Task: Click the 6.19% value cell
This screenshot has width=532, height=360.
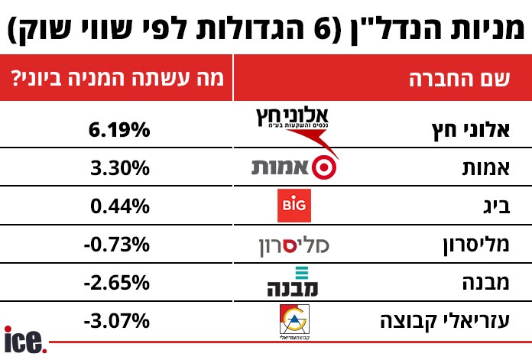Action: [118, 131]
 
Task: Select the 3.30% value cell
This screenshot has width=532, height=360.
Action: [118, 169]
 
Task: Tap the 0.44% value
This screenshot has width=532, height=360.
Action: [118, 206]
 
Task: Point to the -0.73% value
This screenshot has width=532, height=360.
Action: [116, 245]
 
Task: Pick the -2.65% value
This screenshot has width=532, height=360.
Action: [116, 283]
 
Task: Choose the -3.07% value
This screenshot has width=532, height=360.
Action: [116, 320]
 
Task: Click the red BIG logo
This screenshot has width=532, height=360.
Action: [294, 206]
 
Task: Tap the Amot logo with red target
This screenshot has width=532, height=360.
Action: [294, 167]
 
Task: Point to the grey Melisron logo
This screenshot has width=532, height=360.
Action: [294, 245]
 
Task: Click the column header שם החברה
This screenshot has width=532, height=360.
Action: [458, 79]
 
